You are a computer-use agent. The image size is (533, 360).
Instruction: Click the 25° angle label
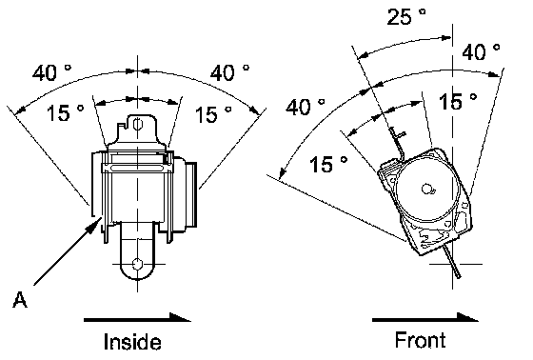pos(406,16)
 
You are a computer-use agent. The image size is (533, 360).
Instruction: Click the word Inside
pos(132,341)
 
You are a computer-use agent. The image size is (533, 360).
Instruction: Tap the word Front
pos(420,340)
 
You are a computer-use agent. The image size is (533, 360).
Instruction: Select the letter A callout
pos(20,299)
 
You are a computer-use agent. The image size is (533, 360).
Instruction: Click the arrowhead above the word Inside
pos(180,317)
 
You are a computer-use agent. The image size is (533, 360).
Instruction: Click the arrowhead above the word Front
pos(467,317)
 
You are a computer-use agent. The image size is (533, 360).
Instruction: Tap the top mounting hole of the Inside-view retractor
pos(137,124)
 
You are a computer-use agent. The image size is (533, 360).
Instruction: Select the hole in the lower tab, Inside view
pos(137,264)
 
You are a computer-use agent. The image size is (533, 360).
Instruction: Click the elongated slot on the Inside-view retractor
pos(136,168)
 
